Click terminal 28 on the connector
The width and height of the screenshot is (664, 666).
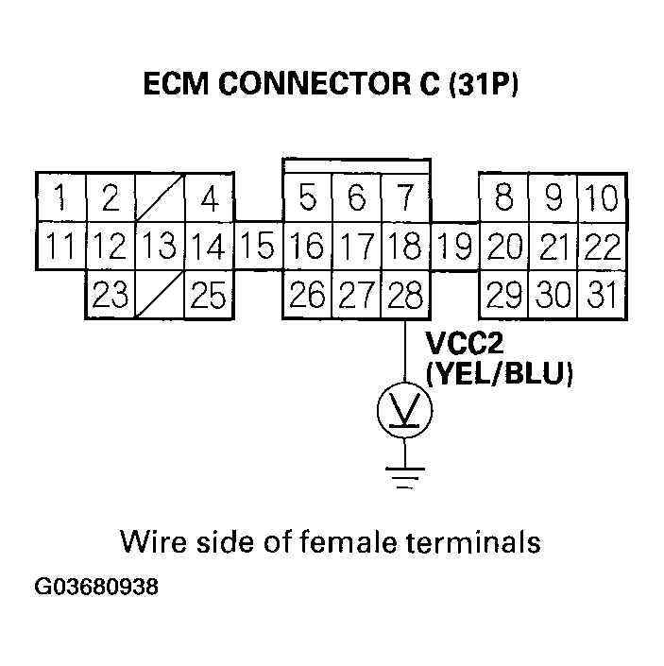point(404,296)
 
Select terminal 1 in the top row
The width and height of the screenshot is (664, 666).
point(61,198)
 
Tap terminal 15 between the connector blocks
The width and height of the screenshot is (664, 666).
point(258,248)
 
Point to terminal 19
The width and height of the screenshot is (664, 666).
point(454,248)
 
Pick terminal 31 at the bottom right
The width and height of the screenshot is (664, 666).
point(601,296)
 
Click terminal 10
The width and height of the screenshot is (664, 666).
point(601,198)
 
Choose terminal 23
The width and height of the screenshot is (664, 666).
point(111,296)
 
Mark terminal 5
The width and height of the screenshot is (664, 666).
point(307,198)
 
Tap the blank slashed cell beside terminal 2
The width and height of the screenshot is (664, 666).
point(160,198)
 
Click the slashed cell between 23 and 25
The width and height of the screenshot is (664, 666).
point(160,296)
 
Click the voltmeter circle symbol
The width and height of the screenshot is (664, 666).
point(404,409)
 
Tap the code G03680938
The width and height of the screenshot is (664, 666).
point(96,587)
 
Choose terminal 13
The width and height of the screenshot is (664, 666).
point(160,248)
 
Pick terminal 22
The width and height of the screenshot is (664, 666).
point(601,248)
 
